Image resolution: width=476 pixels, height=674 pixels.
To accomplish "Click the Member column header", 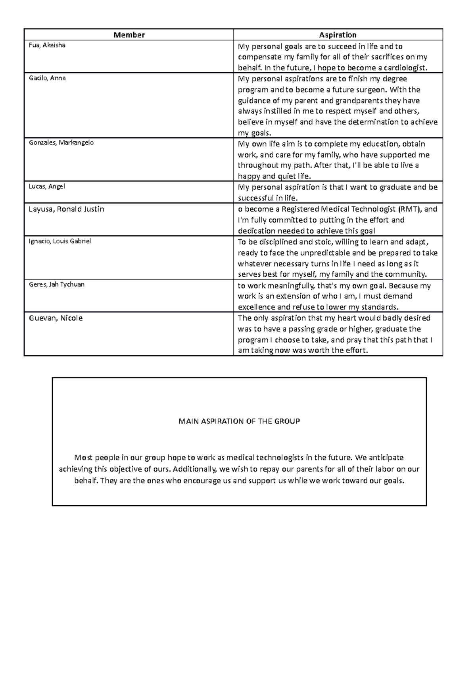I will pyautogui.click(x=129, y=35).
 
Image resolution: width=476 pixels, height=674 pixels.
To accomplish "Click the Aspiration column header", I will pyautogui.click(x=338, y=35).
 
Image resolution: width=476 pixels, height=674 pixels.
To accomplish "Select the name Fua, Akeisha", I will pyautogui.click(x=47, y=45).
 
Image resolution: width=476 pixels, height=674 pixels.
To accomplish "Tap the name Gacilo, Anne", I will pyautogui.click(x=47, y=78).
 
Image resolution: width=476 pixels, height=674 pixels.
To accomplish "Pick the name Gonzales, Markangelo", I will pyautogui.click(x=61, y=143).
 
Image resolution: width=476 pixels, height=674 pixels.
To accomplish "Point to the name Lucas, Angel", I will pyautogui.click(x=46, y=186).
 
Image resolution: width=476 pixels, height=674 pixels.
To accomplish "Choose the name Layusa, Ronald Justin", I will pyautogui.click(x=66, y=209).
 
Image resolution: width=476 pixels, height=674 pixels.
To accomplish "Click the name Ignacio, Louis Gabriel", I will pyautogui.click(x=60, y=241).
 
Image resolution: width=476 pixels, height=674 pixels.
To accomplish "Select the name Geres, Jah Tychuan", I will pyautogui.click(x=57, y=284).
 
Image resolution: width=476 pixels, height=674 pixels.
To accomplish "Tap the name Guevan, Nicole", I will pyautogui.click(x=56, y=318).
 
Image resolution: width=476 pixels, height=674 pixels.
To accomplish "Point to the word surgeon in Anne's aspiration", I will pyautogui.click(x=369, y=90).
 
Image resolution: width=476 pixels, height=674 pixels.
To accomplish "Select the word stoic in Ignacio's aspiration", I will pyautogui.click(x=324, y=242).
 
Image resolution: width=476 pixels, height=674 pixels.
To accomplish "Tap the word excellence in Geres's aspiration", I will pyautogui.click(x=256, y=307).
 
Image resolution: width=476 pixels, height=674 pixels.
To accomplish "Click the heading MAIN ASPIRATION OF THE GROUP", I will pyautogui.click(x=239, y=421).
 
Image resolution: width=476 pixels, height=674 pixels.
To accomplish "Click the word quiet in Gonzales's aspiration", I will pyautogui.click(x=280, y=176).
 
